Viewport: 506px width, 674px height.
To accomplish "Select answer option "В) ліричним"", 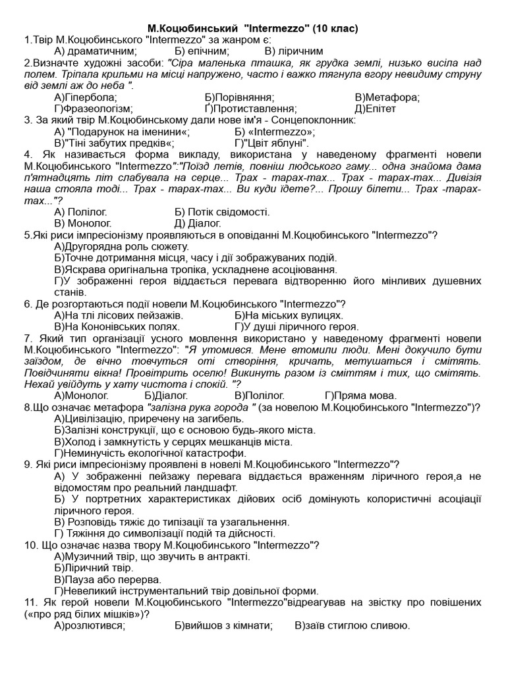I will point(293,51).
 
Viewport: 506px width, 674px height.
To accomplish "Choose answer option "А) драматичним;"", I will point(96,51).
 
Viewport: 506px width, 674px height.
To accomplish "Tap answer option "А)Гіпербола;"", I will point(86,97).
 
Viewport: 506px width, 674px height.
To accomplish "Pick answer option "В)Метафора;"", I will point(387,97).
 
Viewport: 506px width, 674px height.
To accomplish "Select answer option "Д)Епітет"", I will point(378,109).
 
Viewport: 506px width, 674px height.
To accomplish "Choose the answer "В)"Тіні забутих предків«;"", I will point(115,143).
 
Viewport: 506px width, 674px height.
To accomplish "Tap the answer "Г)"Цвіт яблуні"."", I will point(271,143).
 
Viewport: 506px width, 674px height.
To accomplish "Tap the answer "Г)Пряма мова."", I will point(360,396).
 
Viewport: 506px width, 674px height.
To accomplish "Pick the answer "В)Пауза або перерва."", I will point(108,579).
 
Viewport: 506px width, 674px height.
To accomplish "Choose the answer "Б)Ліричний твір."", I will point(94,567).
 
